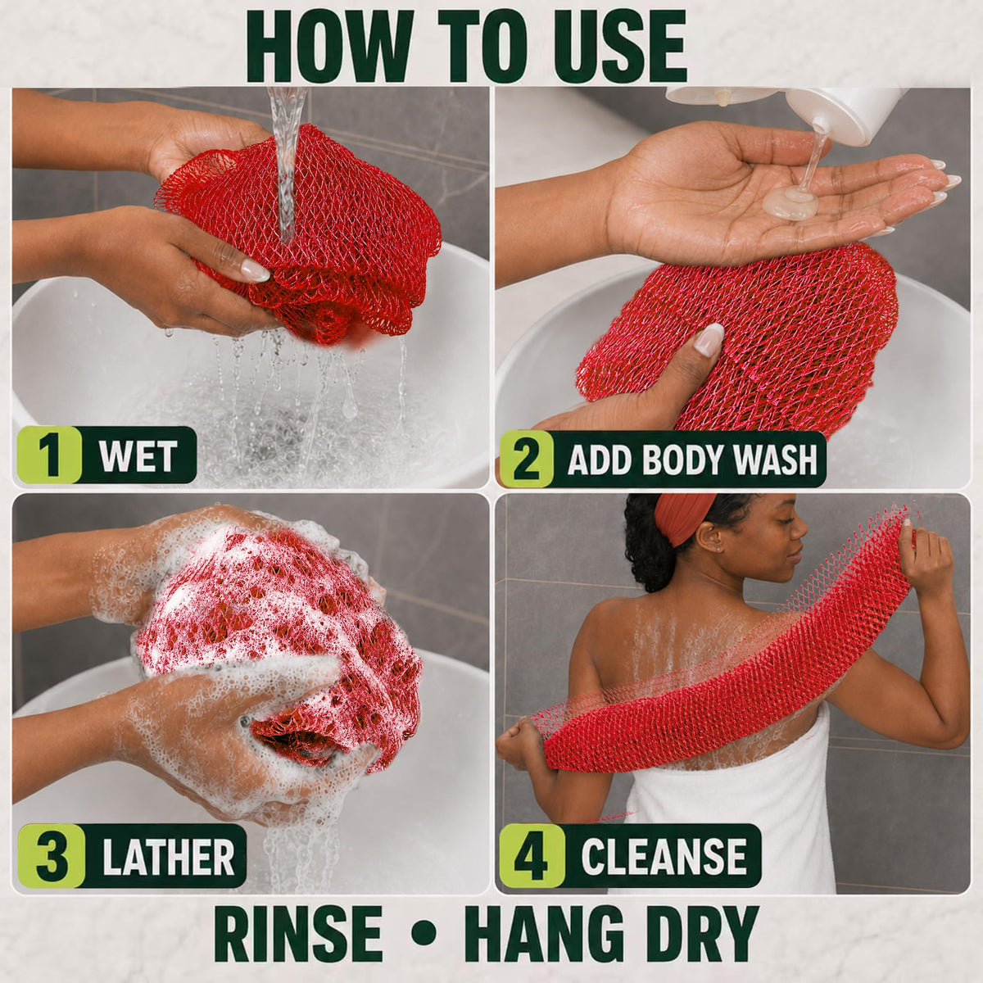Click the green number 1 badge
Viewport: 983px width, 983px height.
coord(50,455)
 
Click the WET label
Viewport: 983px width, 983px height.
coord(138,455)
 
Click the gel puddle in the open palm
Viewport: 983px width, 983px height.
coord(790,202)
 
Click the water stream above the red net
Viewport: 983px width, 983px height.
coord(288,158)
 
